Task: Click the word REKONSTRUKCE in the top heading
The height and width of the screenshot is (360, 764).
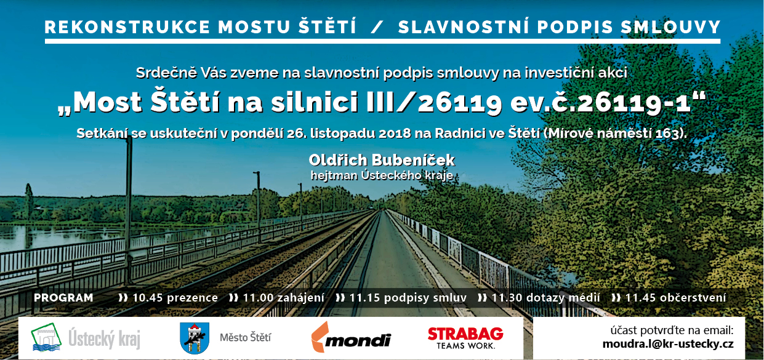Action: tap(127, 27)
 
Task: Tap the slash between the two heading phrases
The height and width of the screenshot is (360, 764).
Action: tap(377, 27)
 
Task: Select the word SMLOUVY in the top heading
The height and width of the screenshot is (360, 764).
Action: tap(670, 27)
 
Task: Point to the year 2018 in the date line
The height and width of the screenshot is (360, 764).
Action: tap(395, 134)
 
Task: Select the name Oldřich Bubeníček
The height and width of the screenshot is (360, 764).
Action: tap(382, 160)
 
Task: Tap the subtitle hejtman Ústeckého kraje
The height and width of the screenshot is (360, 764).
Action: tap(382, 175)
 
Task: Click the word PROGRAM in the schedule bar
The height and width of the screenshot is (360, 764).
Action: tap(63, 298)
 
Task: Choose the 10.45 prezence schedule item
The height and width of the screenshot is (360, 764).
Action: tap(168, 298)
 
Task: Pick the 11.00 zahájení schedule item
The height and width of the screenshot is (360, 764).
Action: tap(276, 298)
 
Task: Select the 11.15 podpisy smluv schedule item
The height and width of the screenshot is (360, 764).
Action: tap(401, 298)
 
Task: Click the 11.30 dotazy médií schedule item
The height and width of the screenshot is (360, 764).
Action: tap(539, 298)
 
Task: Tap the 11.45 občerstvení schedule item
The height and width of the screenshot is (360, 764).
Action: tap(669, 298)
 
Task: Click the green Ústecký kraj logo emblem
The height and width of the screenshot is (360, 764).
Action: tap(46, 337)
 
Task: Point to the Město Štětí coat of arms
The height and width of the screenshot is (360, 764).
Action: tap(195, 338)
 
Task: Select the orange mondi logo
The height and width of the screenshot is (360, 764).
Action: tap(351, 338)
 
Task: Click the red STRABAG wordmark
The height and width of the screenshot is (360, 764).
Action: tap(465, 334)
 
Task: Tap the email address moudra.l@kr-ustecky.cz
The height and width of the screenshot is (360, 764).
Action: tap(668, 344)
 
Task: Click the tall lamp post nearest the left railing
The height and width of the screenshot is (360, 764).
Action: tap(129, 211)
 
